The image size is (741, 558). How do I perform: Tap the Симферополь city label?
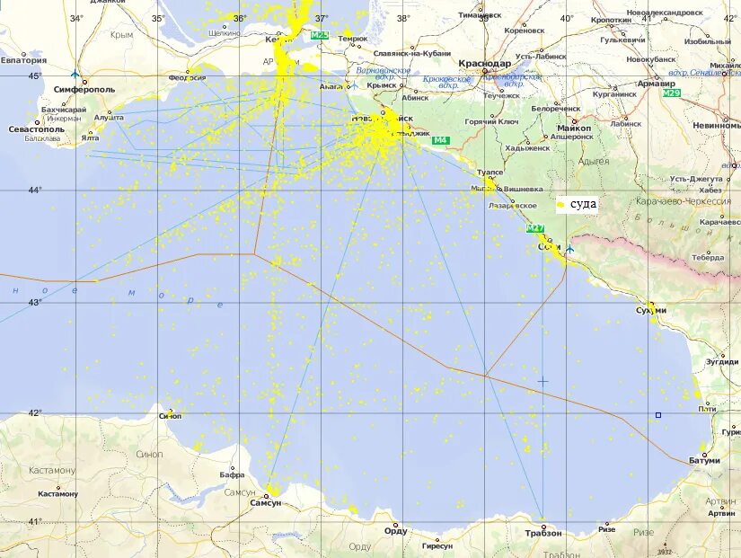point(84,90)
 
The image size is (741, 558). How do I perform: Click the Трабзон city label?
point(543,533)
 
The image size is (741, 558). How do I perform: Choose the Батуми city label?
point(705,460)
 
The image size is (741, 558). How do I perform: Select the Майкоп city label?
point(574,128)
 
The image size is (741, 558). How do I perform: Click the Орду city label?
point(395,530)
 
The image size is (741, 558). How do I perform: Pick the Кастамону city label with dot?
point(58,493)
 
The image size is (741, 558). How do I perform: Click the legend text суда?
point(583,204)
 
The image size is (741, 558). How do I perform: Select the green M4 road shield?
point(440,140)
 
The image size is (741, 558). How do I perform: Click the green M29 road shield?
point(671,93)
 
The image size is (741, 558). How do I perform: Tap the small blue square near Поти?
point(658,415)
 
